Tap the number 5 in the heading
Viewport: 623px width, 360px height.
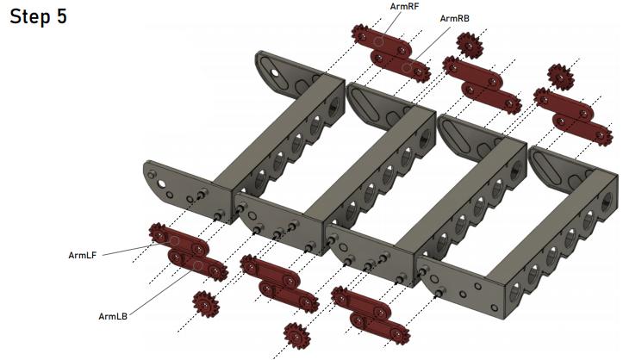(61, 16)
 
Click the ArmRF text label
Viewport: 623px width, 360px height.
(404, 6)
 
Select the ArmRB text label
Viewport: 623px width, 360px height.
(454, 18)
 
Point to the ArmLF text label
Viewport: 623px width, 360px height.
(82, 255)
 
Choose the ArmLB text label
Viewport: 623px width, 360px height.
(113, 316)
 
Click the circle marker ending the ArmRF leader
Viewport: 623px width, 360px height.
(379, 41)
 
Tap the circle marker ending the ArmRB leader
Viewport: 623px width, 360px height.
(406, 67)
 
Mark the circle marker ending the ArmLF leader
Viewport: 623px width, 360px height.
(174, 241)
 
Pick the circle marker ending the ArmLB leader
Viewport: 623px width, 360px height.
(197, 265)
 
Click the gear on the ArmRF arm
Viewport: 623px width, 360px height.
(361, 34)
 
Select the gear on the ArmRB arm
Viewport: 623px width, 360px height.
(421, 71)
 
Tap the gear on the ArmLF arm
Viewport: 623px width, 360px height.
(159, 233)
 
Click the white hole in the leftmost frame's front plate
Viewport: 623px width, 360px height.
(162, 183)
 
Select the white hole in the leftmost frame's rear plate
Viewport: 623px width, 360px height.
(274, 72)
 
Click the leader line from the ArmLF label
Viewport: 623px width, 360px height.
(129, 250)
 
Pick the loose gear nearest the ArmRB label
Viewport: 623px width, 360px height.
(470, 44)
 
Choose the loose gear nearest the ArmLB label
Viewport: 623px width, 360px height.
(205, 304)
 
